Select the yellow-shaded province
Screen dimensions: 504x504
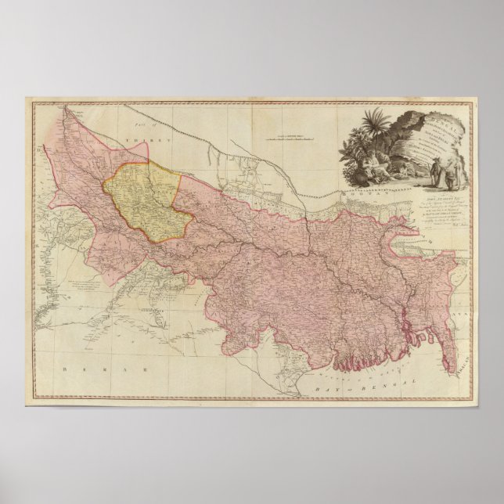146,202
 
